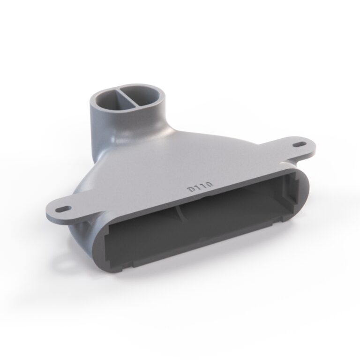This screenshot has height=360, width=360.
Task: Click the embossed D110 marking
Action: (200, 187)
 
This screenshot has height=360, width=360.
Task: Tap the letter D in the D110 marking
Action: (191, 190)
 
